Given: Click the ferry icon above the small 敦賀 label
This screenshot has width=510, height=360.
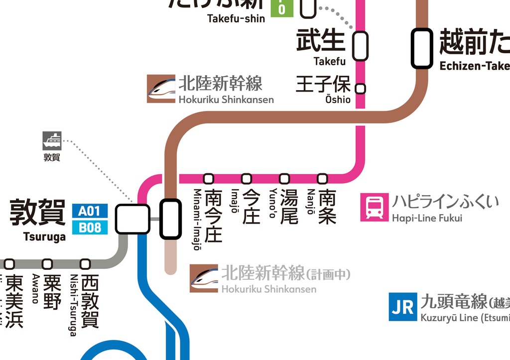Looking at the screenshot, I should [52, 141].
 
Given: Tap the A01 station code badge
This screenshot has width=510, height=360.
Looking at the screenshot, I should [89, 211].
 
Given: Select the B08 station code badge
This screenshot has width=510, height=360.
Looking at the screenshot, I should [89, 228].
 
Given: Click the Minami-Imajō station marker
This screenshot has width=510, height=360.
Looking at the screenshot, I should [209, 178].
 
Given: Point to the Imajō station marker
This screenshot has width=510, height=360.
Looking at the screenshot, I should [247, 178].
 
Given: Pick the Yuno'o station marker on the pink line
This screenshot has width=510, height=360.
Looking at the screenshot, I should [284, 178].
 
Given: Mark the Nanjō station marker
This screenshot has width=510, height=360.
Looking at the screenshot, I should [322, 178].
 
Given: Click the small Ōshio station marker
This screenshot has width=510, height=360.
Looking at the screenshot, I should [361, 89].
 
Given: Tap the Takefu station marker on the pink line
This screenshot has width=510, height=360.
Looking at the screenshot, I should [361, 46].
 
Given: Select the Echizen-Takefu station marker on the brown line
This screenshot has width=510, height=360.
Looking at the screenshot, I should [421, 48].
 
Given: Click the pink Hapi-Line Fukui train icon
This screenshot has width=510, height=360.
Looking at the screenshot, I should [375, 208].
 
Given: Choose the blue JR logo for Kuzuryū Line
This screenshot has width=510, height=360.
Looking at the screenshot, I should [402, 307].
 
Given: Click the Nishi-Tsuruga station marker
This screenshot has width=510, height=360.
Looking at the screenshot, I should [85, 264].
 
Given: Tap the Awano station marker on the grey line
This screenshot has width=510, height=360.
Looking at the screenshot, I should [47, 264].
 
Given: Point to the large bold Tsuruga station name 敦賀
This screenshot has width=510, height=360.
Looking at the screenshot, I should [38, 213].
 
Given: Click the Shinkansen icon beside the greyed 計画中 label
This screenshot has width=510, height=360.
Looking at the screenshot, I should [204, 278].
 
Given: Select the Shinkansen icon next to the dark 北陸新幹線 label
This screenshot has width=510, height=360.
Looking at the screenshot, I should [161, 89].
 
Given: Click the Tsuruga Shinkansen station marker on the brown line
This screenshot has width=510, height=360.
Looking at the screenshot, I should [170, 219].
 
